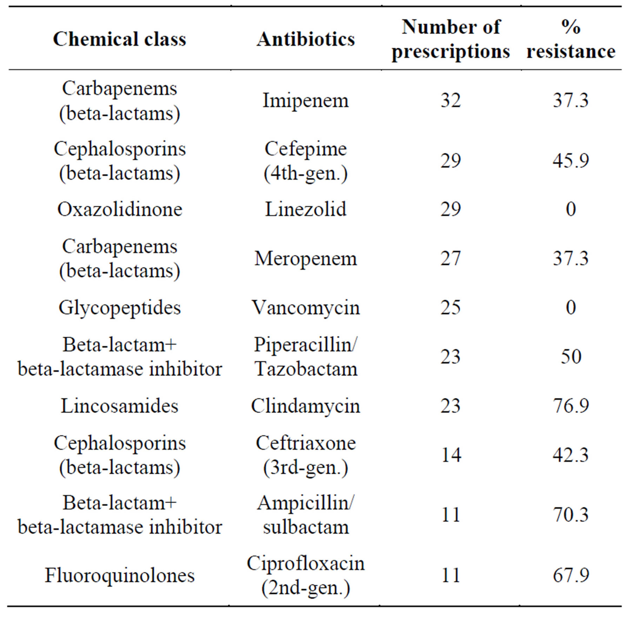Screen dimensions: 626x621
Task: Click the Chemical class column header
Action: click(119, 39)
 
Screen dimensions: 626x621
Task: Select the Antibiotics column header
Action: click(306, 39)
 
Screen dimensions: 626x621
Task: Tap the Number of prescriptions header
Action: click(451, 39)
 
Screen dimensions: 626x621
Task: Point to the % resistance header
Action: click(571, 39)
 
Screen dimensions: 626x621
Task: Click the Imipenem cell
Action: click(306, 101)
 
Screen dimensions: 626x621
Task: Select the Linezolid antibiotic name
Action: click(306, 209)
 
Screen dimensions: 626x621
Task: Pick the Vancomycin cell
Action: click(306, 308)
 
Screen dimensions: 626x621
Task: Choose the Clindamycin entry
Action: click(306, 406)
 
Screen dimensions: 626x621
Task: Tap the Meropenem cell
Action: click(306, 259)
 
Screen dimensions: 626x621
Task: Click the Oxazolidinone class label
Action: click(120, 209)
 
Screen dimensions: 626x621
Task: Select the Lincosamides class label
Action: click(120, 406)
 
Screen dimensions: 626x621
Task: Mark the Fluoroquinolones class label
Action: click(120, 575)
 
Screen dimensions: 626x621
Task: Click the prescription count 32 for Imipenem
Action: click(451, 101)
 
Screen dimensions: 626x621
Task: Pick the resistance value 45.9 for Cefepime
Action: click(571, 161)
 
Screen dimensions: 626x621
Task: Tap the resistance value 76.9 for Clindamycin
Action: click(571, 406)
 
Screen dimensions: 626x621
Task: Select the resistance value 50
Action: click(571, 357)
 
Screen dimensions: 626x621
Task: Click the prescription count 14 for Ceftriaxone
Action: click(451, 455)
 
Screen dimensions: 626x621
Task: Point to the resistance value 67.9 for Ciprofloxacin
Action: click(571, 575)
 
